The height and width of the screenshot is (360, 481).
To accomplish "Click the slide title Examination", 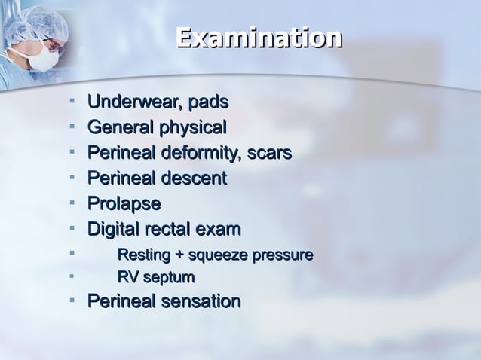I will pyautogui.click(x=259, y=38).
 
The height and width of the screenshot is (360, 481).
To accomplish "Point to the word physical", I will pyautogui.click(x=192, y=128).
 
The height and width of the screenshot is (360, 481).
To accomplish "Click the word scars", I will pyautogui.click(x=270, y=153).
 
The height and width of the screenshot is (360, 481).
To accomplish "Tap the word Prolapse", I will pyautogui.click(x=124, y=204).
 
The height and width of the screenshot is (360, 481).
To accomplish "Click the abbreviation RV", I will pyautogui.click(x=127, y=278).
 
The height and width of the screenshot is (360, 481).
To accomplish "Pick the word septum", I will pyautogui.click(x=169, y=279).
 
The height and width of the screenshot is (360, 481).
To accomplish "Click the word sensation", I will pyautogui.click(x=200, y=301).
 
